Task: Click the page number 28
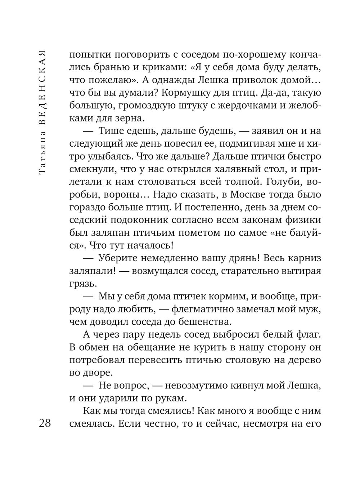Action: click(x=45, y=423)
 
